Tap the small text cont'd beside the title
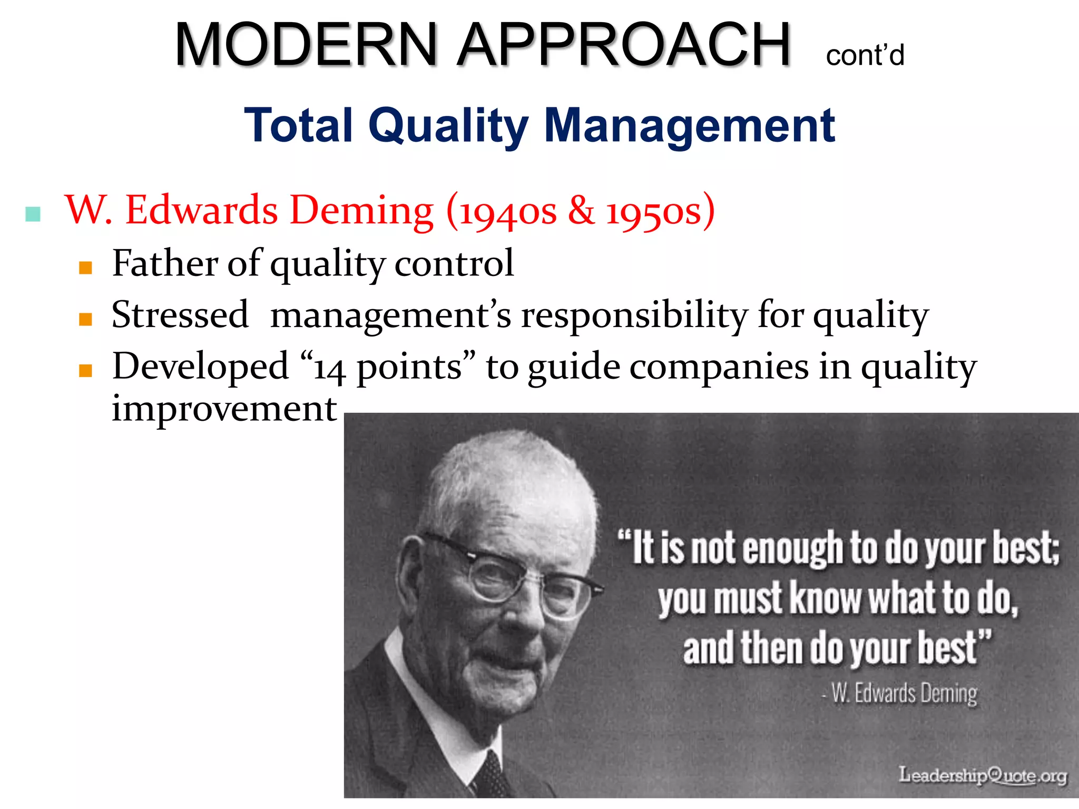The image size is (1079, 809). point(865,55)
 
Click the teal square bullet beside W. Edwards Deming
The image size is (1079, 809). point(33,214)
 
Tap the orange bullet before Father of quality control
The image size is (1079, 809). point(85,268)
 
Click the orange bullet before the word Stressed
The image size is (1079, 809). point(85,319)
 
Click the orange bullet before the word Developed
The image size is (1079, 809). point(85,371)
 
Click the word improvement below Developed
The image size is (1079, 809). point(224,409)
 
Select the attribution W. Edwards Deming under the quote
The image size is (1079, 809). point(904,693)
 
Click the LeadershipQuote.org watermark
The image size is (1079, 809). point(983,775)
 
